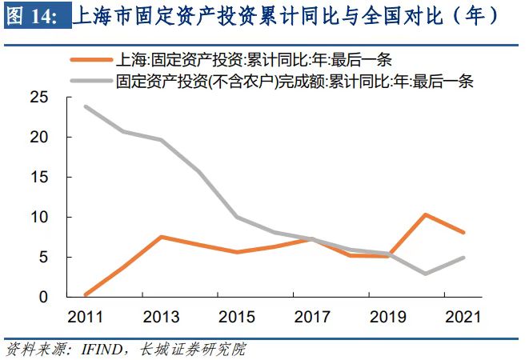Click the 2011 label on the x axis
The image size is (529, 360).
coord(85,317)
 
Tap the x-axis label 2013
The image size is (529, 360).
coord(162,317)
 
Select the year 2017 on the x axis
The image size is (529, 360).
coord(311,317)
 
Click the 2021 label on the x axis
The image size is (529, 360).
coord(463,317)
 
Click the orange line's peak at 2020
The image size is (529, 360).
coord(426,214)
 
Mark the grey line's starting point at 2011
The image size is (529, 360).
coord(85,106)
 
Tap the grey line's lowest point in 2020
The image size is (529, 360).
coord(426,274)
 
